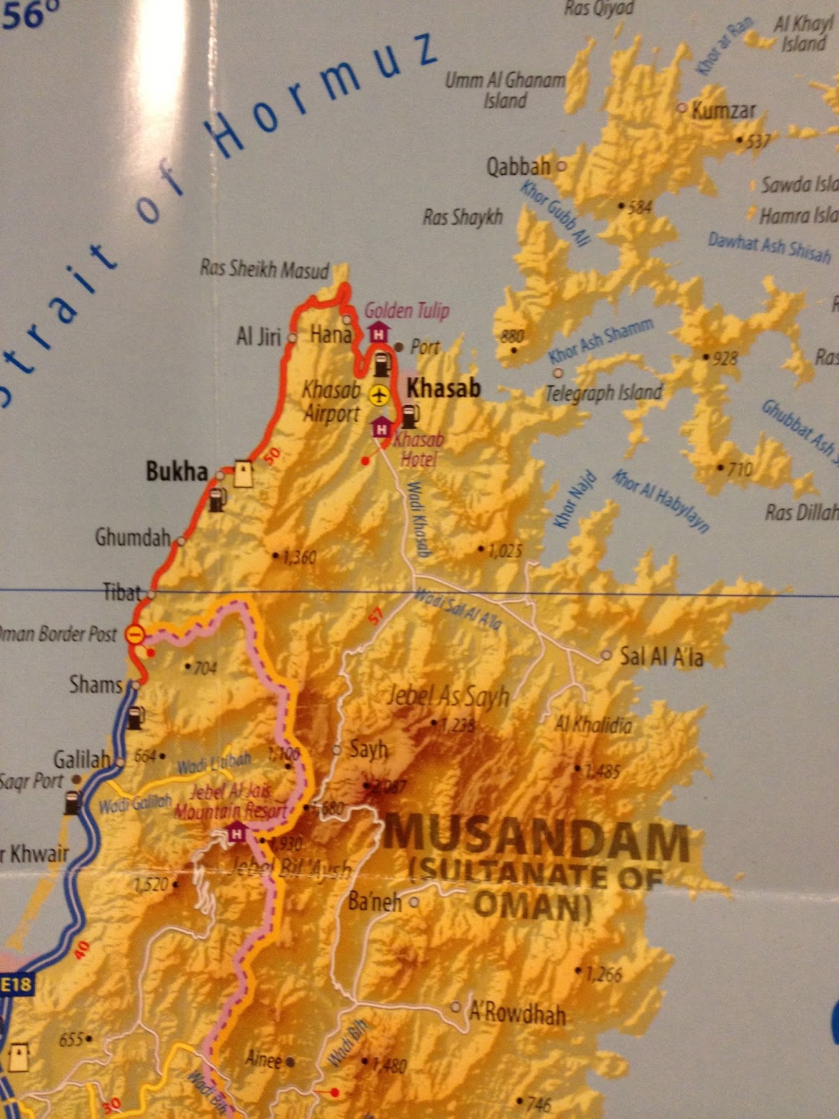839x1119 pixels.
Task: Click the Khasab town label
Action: coord(443,387)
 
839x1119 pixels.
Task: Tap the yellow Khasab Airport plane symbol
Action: coord(379,395)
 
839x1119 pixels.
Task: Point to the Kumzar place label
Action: coord(724,111)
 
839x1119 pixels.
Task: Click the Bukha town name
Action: coord(177,472)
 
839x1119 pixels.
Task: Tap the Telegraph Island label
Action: coord(603,392)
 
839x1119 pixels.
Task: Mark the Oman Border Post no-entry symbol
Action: coord(134,634)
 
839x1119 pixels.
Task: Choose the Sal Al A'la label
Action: coord(661,656)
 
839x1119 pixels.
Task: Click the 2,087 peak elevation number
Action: coord(388,786)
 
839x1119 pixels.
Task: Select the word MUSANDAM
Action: coord(536,842)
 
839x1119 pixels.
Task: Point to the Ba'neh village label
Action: coord(375,902)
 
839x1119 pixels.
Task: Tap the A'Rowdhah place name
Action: coord(517,1013)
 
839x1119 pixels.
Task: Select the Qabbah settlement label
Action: coord(518,166)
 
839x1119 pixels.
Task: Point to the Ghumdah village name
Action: coord(133,537)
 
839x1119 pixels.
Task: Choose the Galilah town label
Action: coord(82,759)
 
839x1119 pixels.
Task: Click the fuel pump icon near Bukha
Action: coord(217,499)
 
